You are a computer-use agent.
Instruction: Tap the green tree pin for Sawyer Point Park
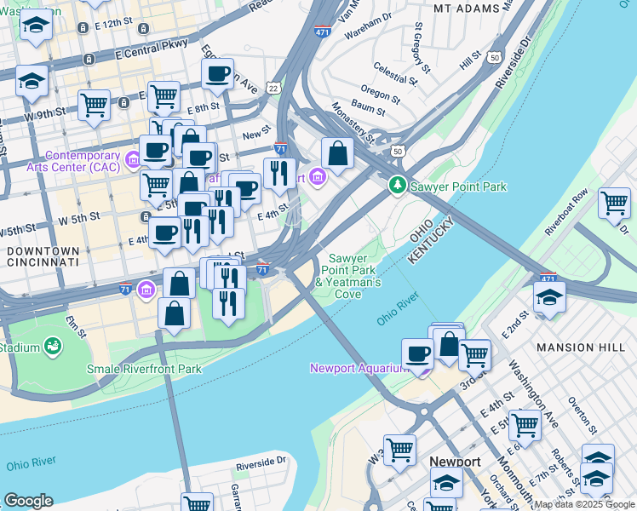[397, 185]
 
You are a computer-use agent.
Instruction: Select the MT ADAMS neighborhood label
[465, 8]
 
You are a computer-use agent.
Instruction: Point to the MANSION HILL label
[576, 347]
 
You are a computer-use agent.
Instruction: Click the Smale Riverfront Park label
[144, 369]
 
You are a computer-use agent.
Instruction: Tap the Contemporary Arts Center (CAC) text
[83, 161]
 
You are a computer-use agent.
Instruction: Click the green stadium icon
[53, 347]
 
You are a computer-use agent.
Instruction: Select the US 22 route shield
[273, 88]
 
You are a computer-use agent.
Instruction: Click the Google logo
[28, 500]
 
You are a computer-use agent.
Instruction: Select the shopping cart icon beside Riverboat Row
[614, 203]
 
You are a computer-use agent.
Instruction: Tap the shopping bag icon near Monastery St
[338, 154]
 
